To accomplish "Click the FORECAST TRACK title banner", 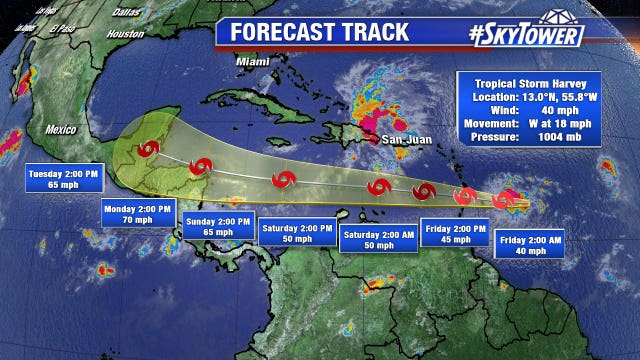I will tap(320, 31).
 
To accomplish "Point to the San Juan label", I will tap(410, 139).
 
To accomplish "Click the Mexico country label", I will tap(60, 129).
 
